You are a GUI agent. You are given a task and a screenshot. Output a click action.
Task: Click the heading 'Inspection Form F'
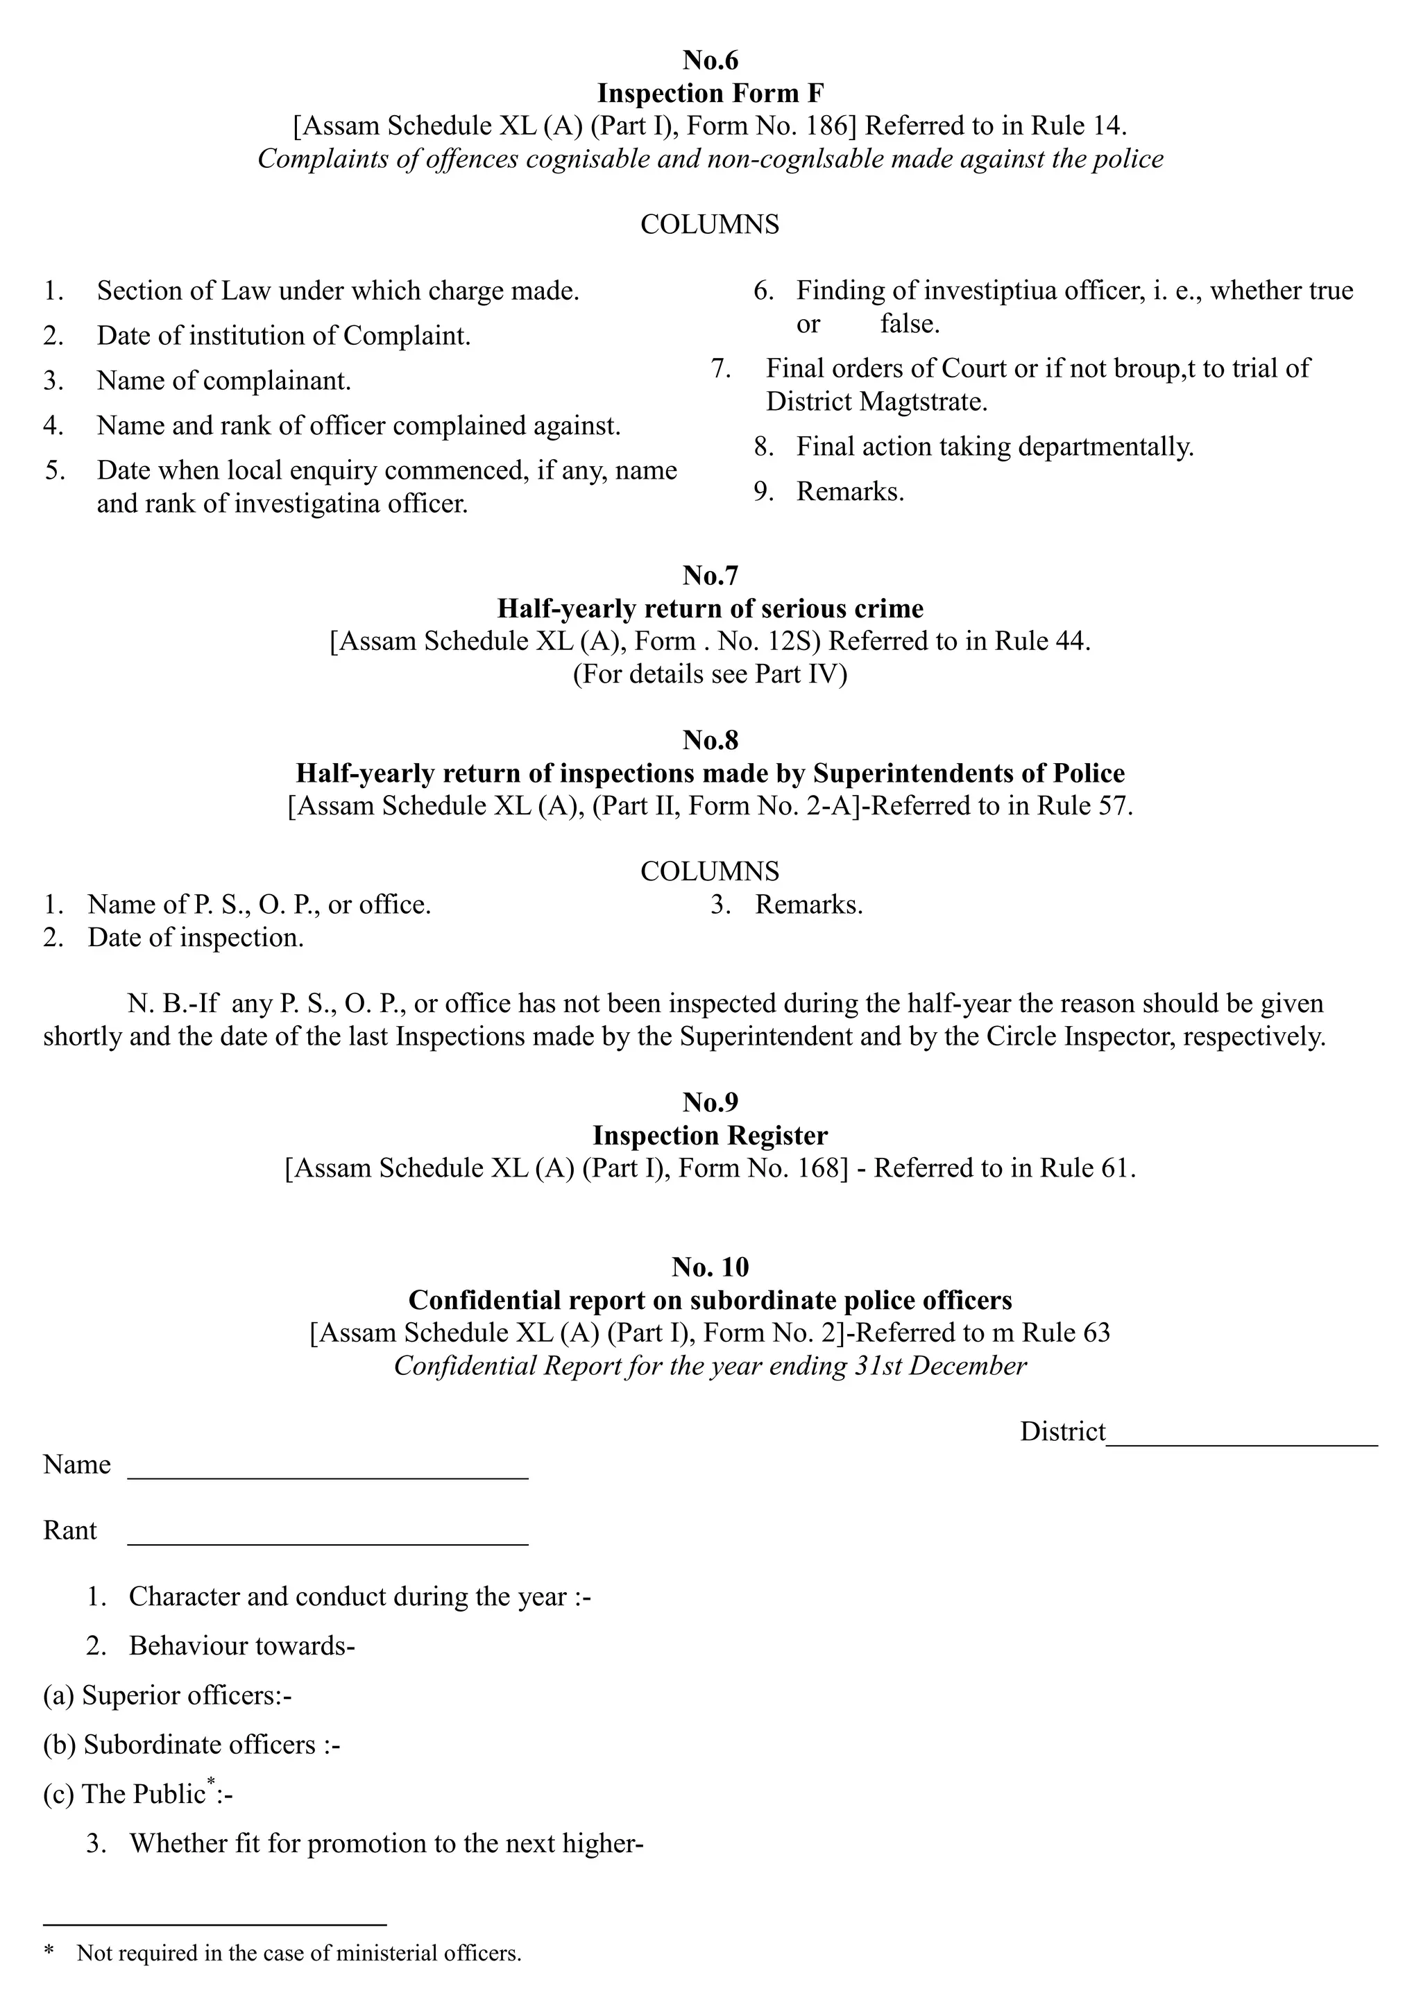(710, 93)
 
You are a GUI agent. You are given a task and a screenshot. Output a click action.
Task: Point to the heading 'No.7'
(710, 575)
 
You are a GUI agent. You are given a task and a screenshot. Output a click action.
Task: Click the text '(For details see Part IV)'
(710, 674)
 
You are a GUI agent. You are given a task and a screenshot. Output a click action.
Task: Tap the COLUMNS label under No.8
(710, 871)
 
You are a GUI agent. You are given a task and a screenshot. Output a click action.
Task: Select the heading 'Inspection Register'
(710, 1135)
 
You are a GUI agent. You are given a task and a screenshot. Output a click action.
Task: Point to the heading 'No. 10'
(710, 1266)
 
